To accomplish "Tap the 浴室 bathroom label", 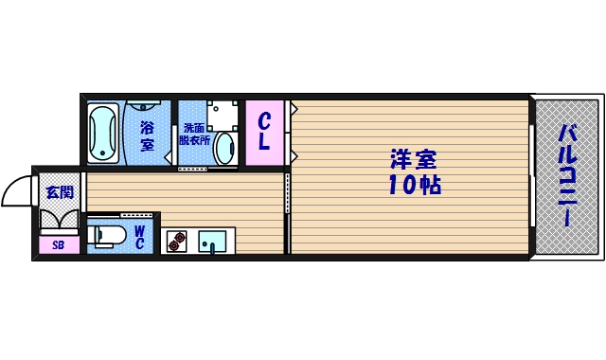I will point(148,135).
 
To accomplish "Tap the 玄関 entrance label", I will point(59,192).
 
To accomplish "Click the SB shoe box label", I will point(59,245).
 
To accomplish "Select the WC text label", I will point(138,236).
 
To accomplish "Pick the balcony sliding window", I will point(533,175).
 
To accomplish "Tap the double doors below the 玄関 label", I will point(59,220).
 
